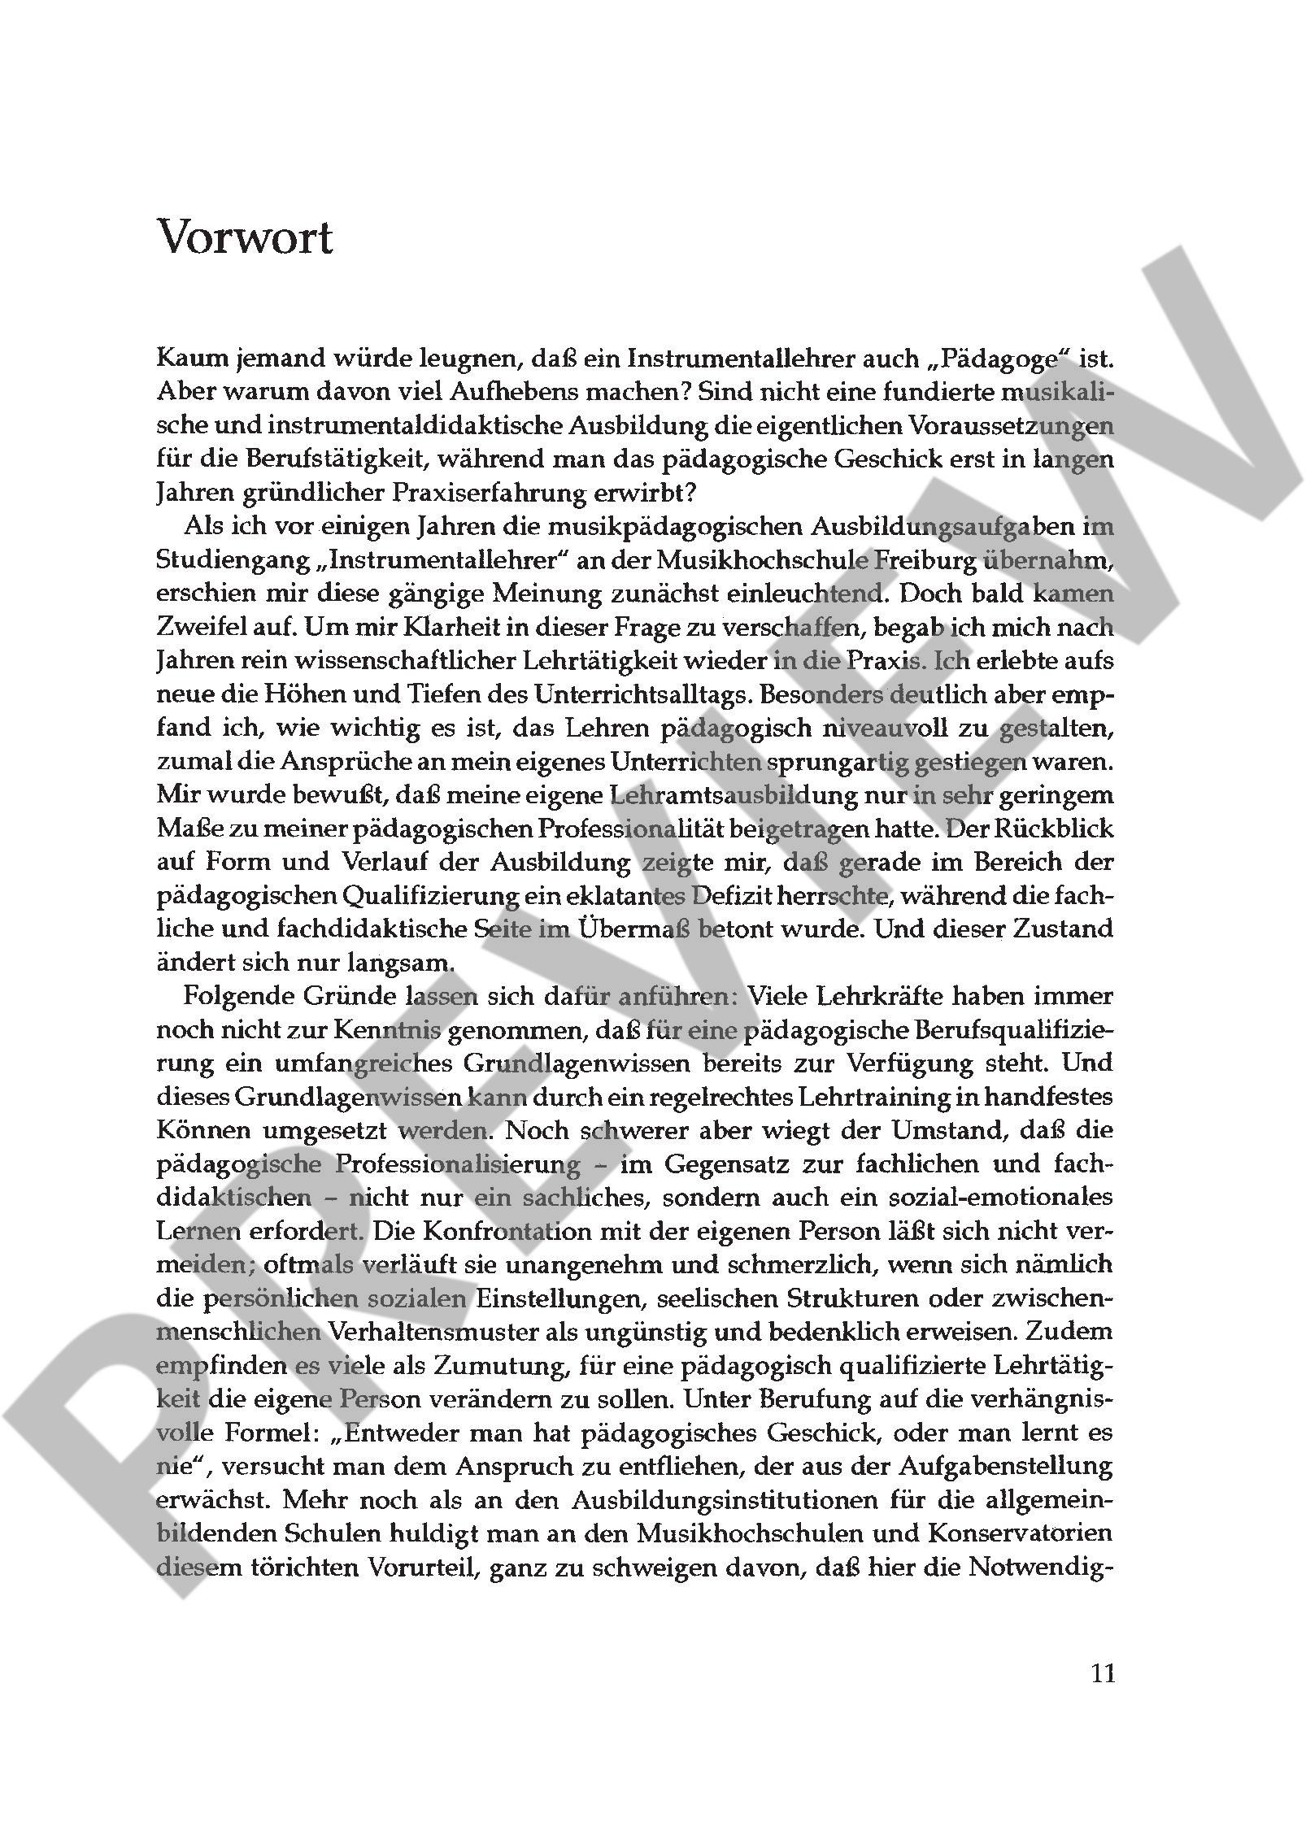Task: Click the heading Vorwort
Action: (244, 237)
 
